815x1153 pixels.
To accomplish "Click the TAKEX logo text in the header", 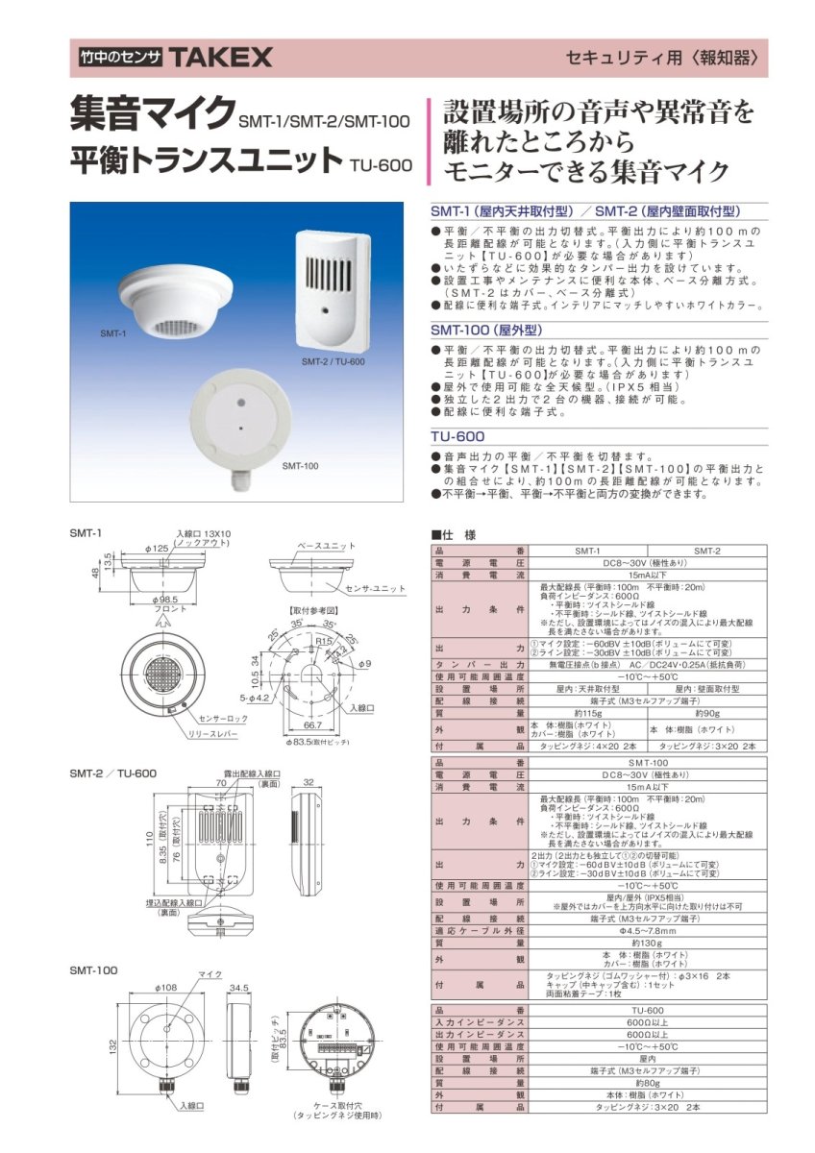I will pos(222,59).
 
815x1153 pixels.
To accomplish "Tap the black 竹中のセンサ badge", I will pos(122,59).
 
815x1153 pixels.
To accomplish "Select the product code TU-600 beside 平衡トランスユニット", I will pos(382,164).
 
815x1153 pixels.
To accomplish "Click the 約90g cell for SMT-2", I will pos(707,713).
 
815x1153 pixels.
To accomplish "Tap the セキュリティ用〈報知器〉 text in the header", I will pos(668,58).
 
